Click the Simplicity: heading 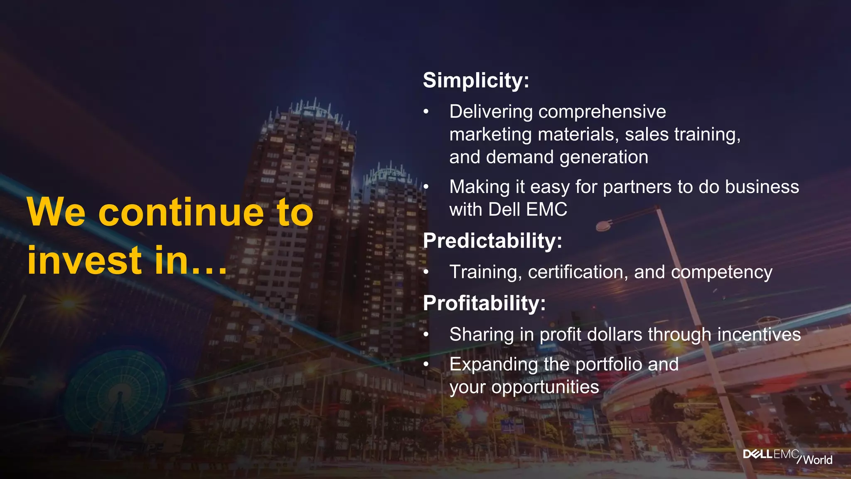[476, 80]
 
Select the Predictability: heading [492, 241]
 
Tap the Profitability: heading [484, 303]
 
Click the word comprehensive [602, 112]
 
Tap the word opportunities [545, 388]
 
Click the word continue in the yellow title [181, 213]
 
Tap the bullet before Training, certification [425, 273]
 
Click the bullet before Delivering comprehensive [425, 112]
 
